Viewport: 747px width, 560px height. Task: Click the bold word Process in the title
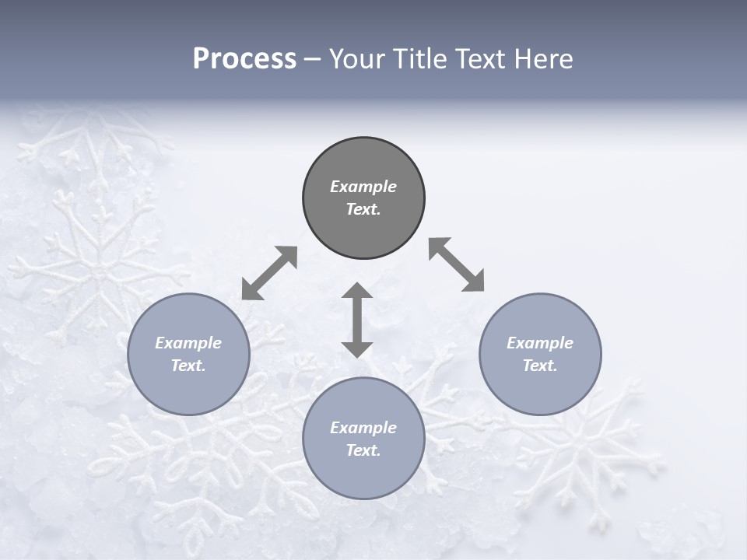[x=244, y=59]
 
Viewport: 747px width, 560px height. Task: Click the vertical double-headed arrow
[x=357, y=320]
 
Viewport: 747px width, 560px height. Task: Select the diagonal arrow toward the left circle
[x=269, y=273]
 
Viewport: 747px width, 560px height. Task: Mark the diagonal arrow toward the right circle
[x=457, y=264]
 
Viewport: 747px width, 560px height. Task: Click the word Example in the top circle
[x=363, y=187]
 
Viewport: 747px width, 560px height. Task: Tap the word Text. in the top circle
[x=363, y=209]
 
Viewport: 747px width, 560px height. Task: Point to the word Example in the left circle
[x=188, y=343]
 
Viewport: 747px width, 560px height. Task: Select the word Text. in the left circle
[x=188, y=366]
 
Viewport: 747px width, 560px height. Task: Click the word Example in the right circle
[x=540, y=343]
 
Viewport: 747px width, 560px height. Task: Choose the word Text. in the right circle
[x=540, y=366]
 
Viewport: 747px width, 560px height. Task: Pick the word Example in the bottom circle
[x=363, y=428]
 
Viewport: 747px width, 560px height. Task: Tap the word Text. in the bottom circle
[x=363, y=450]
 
